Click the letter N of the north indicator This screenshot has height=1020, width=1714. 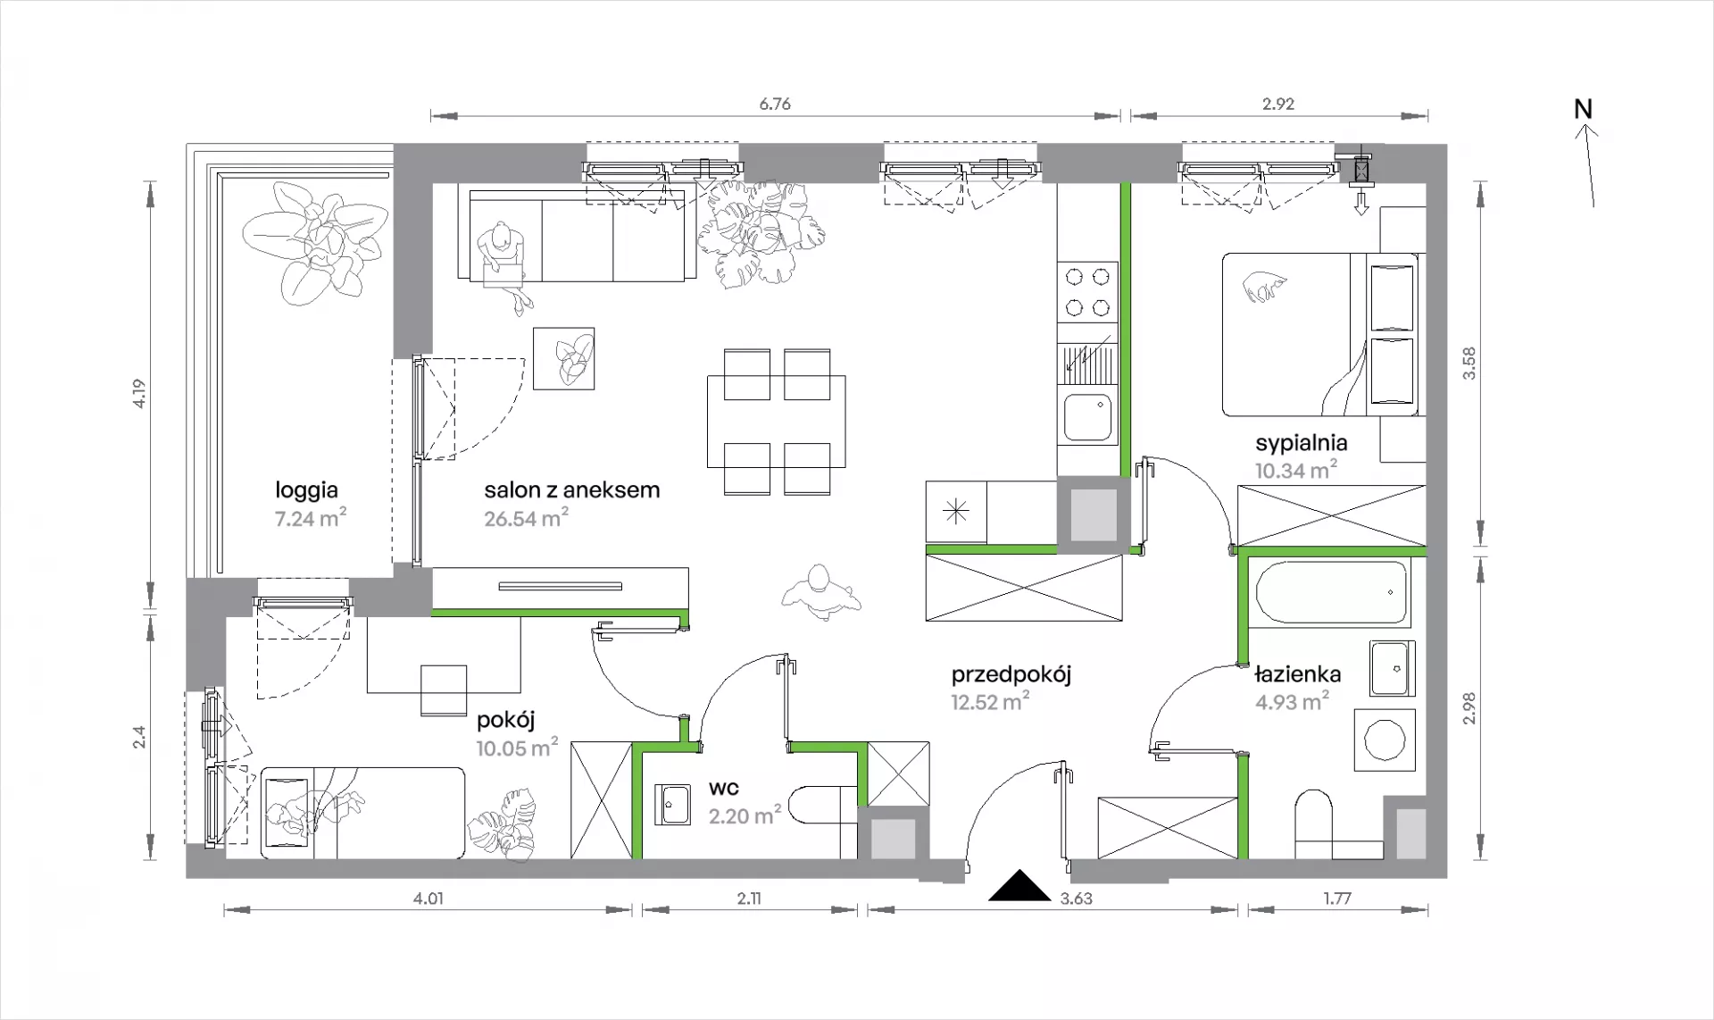1583,109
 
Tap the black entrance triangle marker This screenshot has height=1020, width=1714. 1019,886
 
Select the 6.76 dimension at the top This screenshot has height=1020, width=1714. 775,104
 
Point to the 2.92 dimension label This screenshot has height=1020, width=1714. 1278,104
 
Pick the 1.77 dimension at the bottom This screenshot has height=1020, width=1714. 1337,899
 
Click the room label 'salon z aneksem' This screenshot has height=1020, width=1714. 572,489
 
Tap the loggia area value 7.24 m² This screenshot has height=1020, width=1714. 311,518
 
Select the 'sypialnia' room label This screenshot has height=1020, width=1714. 1302,443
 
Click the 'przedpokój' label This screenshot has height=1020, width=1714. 1011,674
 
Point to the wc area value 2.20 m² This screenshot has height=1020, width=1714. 745,815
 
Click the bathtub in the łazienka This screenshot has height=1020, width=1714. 1331,592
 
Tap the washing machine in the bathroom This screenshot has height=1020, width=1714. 1385,740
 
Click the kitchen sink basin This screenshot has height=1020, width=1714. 1088,418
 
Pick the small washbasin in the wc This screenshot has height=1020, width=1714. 672,804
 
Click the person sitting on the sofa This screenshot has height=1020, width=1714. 502,264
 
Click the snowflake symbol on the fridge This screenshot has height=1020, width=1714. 956,512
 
